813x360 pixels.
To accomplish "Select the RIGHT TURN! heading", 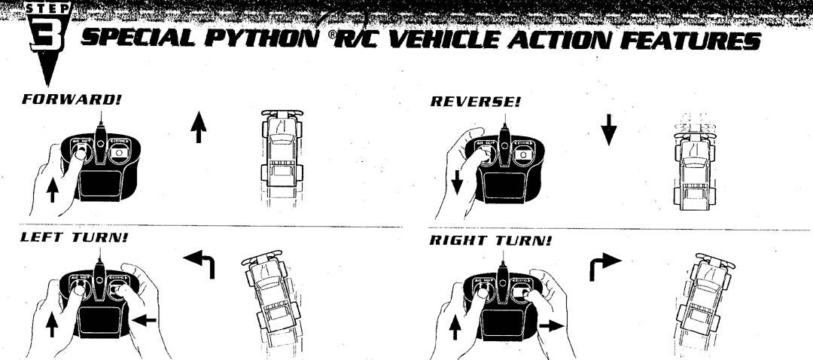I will coord(490,241).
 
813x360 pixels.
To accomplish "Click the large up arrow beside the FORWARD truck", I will coord(199,126).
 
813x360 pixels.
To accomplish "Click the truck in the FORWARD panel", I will coord(282,154).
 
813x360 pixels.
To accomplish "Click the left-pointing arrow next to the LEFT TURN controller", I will coord(145,321).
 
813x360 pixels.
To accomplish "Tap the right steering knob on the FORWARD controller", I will coord(119,151).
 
